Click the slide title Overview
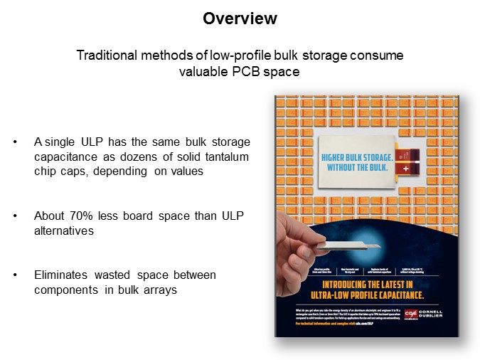click(240, 18)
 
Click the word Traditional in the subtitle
click(104, 55)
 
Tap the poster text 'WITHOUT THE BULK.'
click(355, 168)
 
